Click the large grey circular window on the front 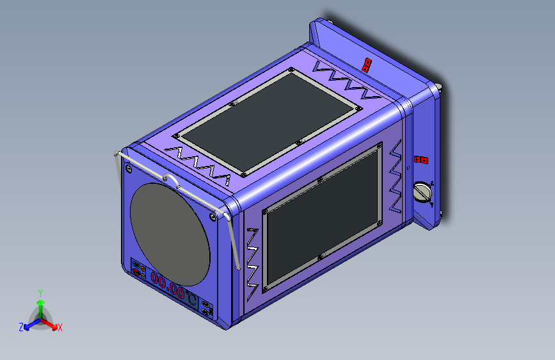170,234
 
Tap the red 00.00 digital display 168,285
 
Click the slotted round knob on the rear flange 422,192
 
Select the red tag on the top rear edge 367,64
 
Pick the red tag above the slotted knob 421,160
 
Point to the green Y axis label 40,292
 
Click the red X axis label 60,328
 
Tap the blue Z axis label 21,327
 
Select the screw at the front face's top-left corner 129,169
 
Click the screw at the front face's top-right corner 212,218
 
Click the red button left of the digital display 136,274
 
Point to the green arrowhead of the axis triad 40,301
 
